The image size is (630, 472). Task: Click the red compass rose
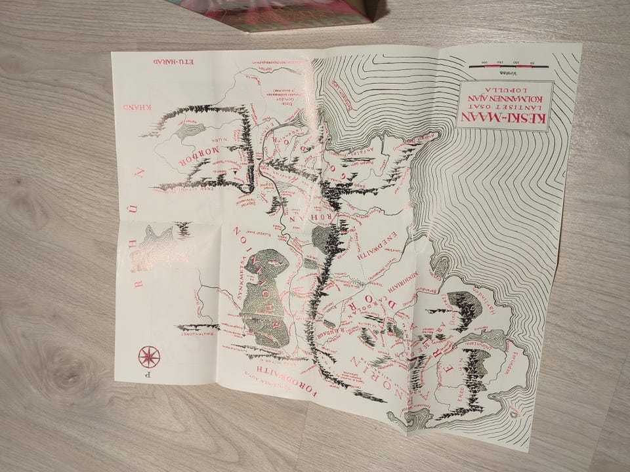tap(149, 356)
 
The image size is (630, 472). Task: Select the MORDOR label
tap(192, 159)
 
